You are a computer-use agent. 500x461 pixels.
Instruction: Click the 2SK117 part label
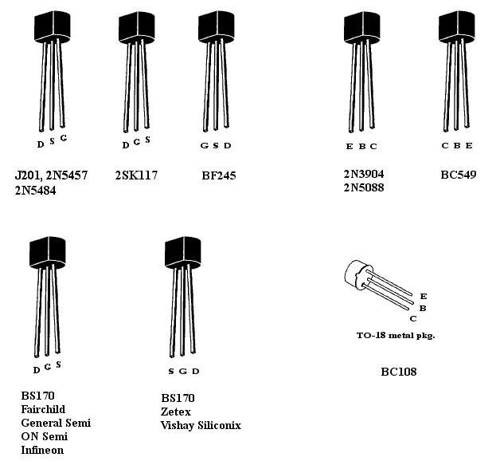point(136,175)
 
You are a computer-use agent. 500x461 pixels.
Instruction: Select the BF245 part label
point(219,175)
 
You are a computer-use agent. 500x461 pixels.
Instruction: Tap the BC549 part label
point(458,175)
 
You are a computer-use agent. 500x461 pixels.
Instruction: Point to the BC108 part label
point(398,372)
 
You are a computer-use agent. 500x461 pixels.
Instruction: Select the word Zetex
point(176,412)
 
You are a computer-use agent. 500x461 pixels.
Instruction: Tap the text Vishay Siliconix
point(201,425)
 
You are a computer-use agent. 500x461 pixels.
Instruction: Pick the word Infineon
point(42,450)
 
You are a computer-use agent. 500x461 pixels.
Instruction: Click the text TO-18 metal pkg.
point(396,335)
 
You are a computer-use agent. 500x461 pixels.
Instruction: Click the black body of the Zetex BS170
point(183,253)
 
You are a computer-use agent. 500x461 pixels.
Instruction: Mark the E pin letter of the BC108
point(423,297)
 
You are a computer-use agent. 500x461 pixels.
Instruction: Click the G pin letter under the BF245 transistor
point(204,145)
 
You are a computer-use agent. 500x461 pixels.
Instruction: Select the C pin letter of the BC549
point(445,145)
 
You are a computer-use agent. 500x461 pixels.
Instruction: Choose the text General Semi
point(56,423)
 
